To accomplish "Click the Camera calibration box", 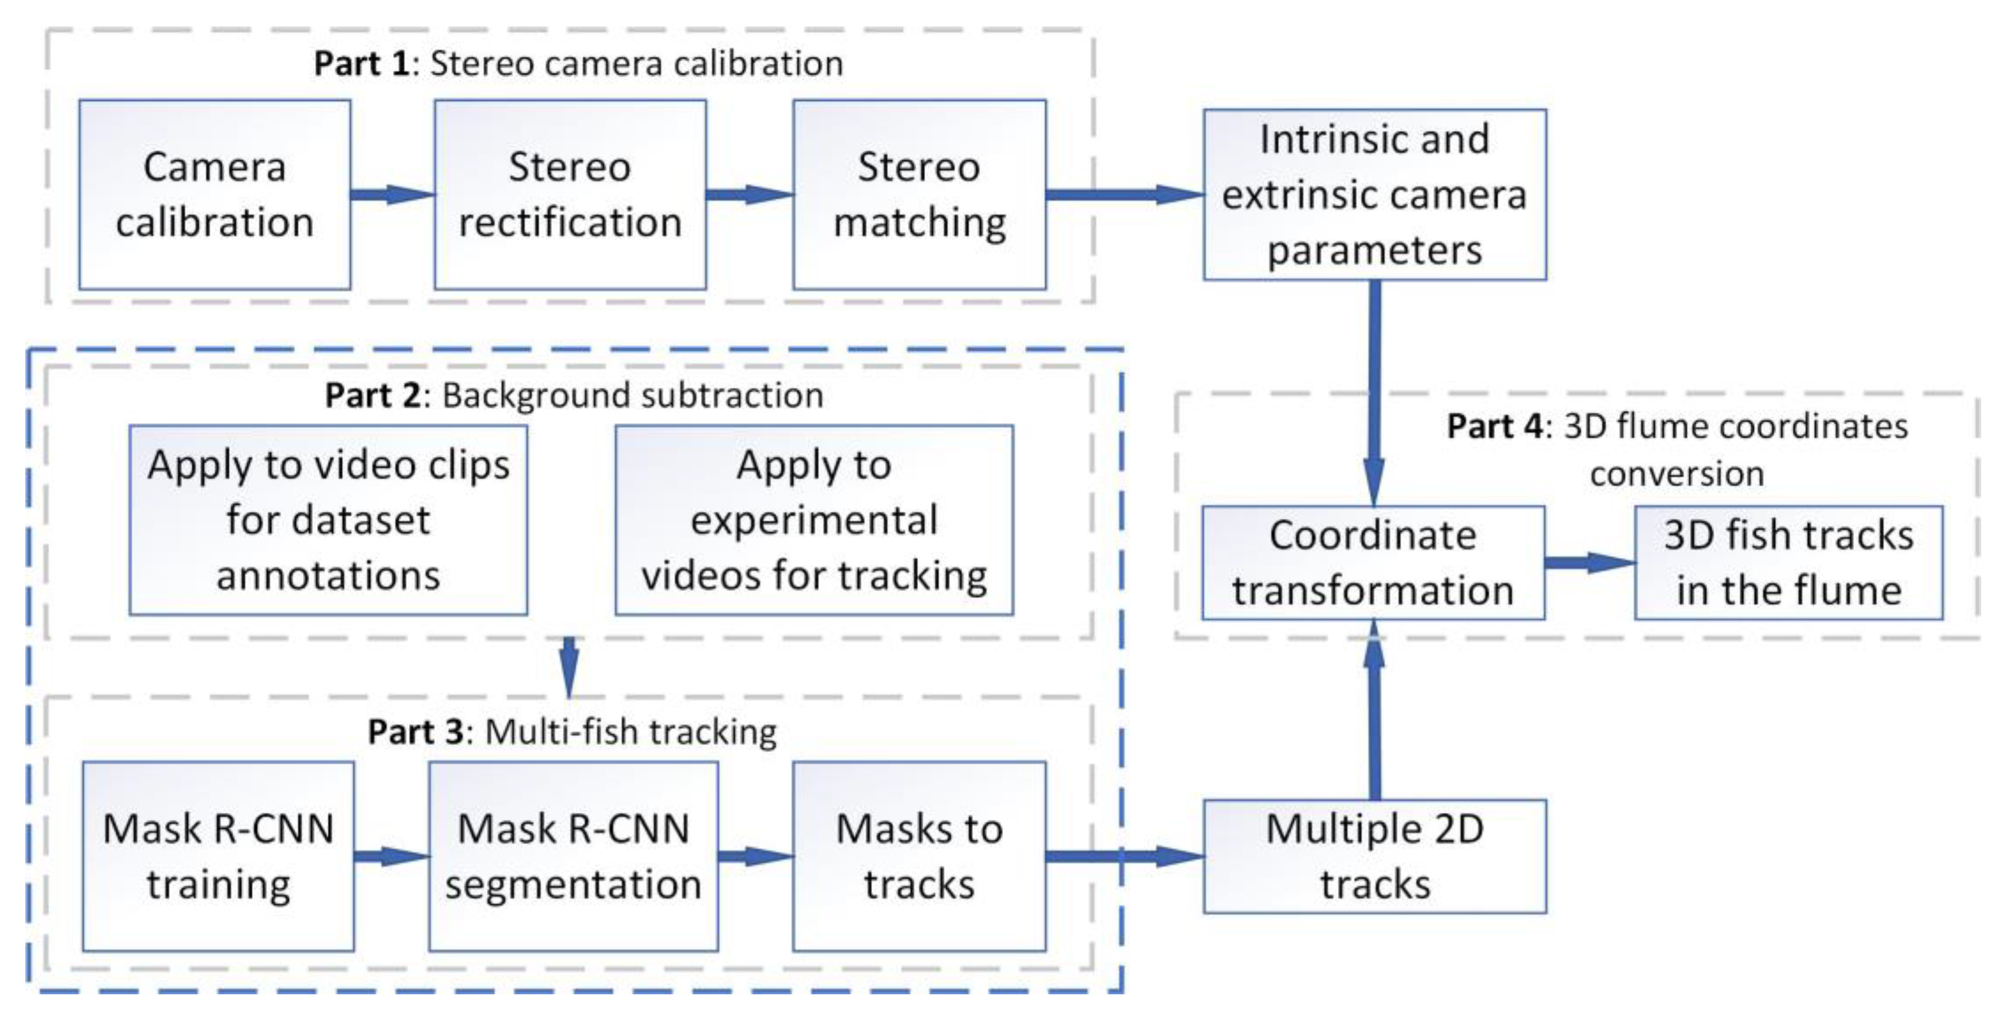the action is (215, 194).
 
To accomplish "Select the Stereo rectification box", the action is (570, 194).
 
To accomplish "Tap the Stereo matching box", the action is (919, 194).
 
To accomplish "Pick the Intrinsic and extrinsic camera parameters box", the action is (1375, 194).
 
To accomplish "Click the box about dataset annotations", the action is (328, 520).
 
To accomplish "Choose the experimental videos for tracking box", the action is (814, 520).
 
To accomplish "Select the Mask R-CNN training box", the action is (219, 856).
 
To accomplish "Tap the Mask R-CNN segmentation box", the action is (573, 856).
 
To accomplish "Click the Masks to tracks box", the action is (919, 856).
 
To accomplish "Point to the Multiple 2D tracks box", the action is (1375, 856).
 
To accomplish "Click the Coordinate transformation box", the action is (1373, 563).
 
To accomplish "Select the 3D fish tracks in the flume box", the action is (1788, 563).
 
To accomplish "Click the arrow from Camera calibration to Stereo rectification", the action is (392, 194).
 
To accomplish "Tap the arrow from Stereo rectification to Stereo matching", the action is (750, 194).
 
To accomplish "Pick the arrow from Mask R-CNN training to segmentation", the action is (392, 856).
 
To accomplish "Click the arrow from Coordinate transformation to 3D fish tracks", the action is (1590, 563).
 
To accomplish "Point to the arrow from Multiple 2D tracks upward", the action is (1374, 710).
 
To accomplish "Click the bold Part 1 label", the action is (362, 64).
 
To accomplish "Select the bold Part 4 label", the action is (1494, 426).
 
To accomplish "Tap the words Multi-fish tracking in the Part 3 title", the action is (631, 733).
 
